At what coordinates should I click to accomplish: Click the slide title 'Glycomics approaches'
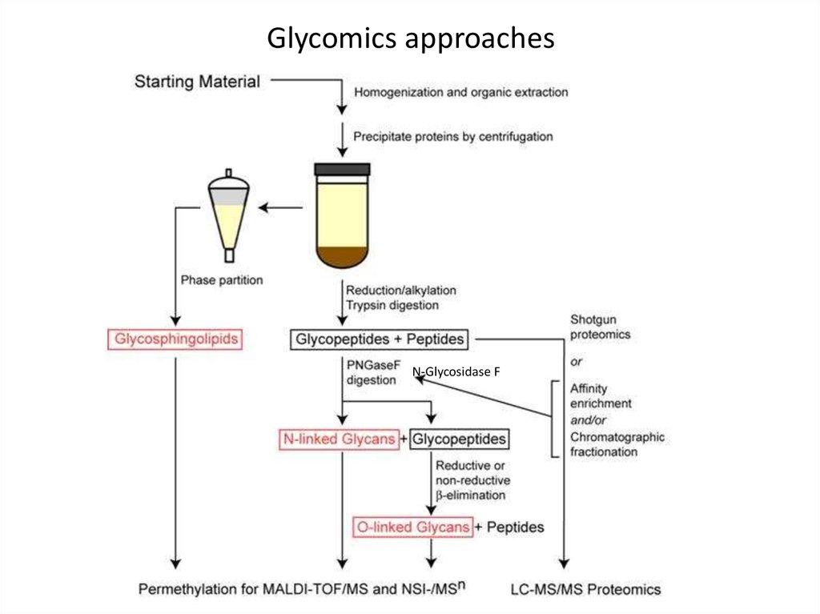click(x=410, y=38)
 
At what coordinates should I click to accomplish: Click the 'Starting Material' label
click(x=197, y=81)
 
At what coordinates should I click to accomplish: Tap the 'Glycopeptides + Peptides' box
click(x=380, y=339)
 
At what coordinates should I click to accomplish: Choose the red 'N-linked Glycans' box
click(x=338, y=439)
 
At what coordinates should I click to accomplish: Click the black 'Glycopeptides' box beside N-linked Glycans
click(x=460, y=439)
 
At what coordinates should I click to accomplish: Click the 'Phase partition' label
click(x=222, y=280)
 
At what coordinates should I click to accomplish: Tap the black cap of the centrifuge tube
click(x=342, y=169)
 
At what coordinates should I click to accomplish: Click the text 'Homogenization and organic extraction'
click(x=460, y=92)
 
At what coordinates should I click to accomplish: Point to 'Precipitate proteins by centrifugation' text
click(x=452, y=137)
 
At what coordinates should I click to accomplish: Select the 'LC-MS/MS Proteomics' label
click(x=585, y=589)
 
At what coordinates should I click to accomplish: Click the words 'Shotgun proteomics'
click(x=600, y=327)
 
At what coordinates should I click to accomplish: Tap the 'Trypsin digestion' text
click(x=392, y=305)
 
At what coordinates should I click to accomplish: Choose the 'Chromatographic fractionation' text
click(x=617, y=444)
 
